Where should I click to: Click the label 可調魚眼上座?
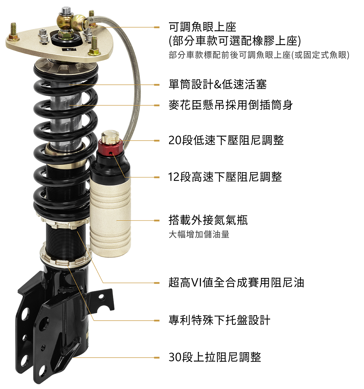pos(202,27)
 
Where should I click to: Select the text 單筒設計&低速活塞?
pos(218,85)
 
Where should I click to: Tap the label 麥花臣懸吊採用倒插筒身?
pos(231,105)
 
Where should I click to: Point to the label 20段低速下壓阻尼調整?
pos(226,140)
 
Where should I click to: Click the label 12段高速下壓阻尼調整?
pos(225,177)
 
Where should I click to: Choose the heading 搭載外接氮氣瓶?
pos(208,220)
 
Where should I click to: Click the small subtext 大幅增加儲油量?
pos(199,234)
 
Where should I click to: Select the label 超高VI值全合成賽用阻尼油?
pos(236,283)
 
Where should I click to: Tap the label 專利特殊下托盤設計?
pos(220,320)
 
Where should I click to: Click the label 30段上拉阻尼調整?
pos(215,357)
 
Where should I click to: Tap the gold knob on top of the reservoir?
pos(110,136)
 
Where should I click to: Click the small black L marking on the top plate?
pos(69,49)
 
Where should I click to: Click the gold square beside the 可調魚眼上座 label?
pos(157,27)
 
